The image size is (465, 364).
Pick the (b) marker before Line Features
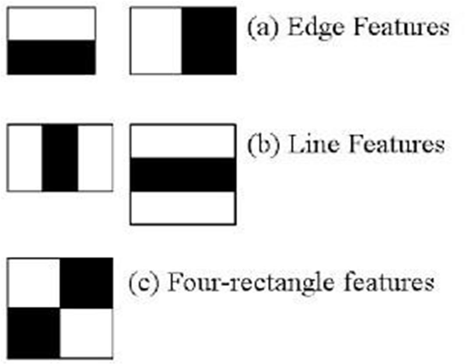tap(260, 145)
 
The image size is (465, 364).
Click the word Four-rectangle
tap(245, 283)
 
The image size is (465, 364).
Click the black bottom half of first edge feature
tap(51, 57)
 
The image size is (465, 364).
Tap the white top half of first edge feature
tap(51, 24)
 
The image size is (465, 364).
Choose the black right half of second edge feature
tap(209, 41)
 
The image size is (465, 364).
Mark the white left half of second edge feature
tap(156, 41)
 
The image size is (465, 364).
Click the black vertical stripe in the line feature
tap(60, 157)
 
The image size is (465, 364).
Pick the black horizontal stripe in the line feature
tap(183, 175)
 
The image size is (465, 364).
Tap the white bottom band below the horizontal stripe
tap(183, 208)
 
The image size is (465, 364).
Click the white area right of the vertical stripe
tap(95, 157)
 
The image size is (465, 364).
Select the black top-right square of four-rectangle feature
tap(86, 283)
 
